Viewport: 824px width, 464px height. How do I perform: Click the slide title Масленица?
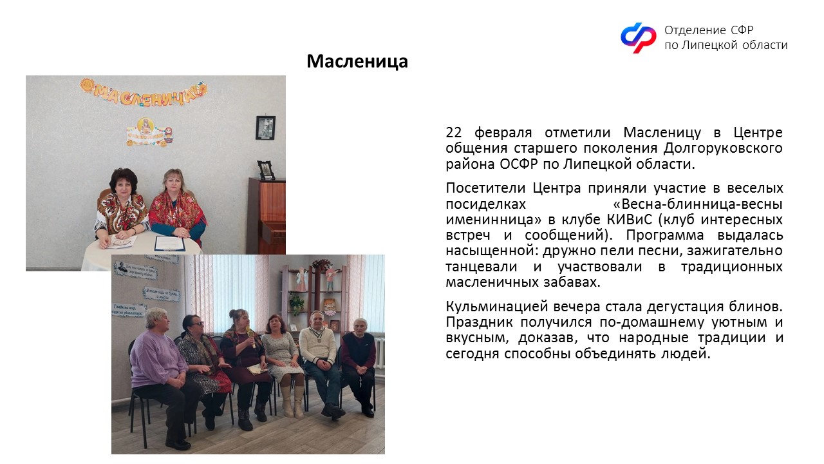click(x=357, y=61)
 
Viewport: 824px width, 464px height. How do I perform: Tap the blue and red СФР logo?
click(x=638, y=37)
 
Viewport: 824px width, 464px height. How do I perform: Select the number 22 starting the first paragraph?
click(x=454, y=132)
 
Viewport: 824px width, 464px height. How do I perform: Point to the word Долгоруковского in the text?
click(x=723, y=148)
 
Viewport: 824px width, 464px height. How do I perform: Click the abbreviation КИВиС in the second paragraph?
click(x=629, y=220)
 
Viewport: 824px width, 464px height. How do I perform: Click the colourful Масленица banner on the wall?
click(x=144, y=92)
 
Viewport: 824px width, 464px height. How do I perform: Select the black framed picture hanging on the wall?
click(x=265, y=128)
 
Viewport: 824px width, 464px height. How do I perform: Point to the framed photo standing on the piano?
click(x=266, y=169)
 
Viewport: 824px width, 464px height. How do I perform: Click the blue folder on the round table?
click(x=169, y=243)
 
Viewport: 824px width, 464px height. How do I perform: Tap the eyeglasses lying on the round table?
click(x=122, y=242)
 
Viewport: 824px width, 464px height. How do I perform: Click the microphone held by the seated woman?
click(x=250, y=337)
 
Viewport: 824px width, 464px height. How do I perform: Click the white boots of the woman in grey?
click(x=292, y=401)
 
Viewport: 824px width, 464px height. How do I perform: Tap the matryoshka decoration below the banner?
click(x=169, y=135)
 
